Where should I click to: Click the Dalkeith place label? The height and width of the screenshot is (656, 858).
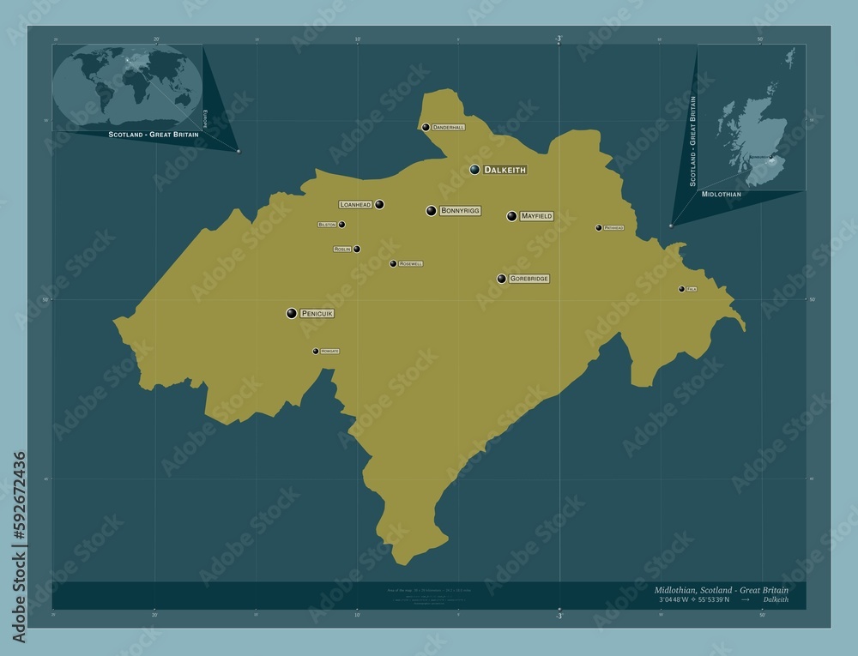tap(505, 170)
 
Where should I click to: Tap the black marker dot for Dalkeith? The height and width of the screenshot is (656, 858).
tap(474, 170)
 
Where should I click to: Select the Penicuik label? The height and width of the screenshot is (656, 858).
tap(317, 314)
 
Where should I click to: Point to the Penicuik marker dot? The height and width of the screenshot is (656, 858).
tap(292, 314)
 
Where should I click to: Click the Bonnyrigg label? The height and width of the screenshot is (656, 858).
tap(461, 210)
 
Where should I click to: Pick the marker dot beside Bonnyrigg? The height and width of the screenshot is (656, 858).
tap(432, 211)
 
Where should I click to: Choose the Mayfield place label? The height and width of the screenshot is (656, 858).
tap(536, 216)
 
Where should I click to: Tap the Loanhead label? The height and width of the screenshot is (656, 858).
tap(355, 205)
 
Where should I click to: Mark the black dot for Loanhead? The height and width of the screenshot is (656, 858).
tap(379, 205)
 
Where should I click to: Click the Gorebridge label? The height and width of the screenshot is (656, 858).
tap(529, 279)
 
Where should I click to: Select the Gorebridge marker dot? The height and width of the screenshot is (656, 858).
tap(501, 279)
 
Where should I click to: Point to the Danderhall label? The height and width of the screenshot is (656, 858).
tap(448, 127)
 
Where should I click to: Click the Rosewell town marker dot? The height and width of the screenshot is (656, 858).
tap(393, 264)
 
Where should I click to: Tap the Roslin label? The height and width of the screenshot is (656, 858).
tap(342, 250)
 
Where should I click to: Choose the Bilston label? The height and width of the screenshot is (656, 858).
tap(327, 225)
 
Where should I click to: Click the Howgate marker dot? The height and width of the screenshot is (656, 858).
tap(316, 351)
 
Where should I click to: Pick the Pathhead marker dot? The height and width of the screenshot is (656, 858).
tap(599, 228)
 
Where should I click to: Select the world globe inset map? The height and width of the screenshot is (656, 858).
tap(127, 85)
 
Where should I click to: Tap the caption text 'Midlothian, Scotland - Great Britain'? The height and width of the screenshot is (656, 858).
tap(721, 590)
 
